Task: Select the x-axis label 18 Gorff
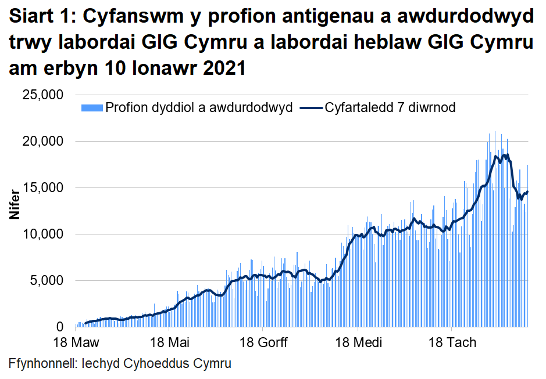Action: tap(263, 342)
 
